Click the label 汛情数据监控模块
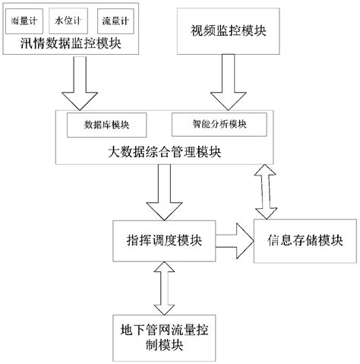(x=73, y=45)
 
